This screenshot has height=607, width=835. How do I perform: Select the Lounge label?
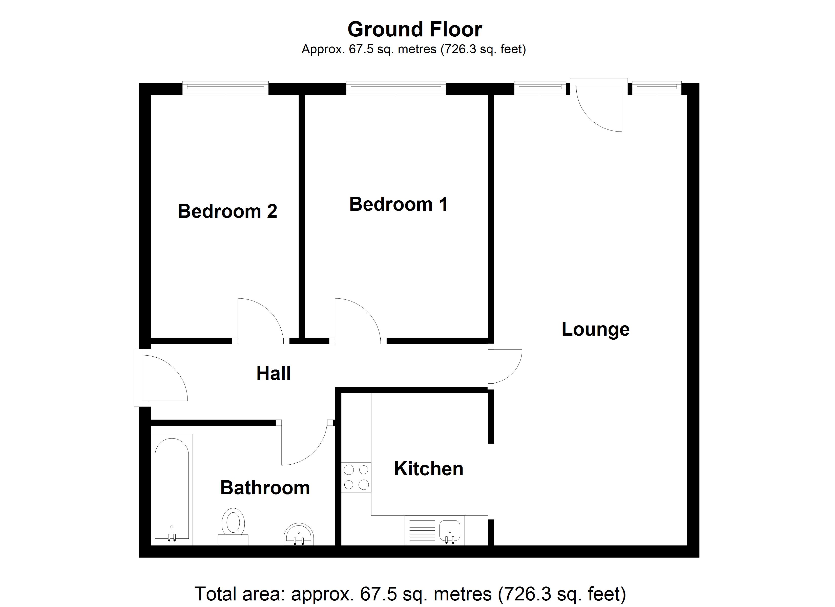pyautogui.click(x=595, y=329)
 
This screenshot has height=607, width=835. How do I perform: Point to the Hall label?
pyautogui.click(x=273, y=373)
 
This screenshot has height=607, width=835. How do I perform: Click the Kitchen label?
pyautogui.click(x=429, y=469)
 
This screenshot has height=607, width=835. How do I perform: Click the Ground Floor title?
pyautogui.click(x=414, y=29)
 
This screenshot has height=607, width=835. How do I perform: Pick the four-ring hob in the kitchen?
pyautogui.click(x=356, y=477)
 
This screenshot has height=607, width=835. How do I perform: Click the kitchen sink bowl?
pyautogui.click(x=450, y=530)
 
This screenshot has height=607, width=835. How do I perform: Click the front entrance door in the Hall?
pyautogui.click(x=162, y=377)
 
